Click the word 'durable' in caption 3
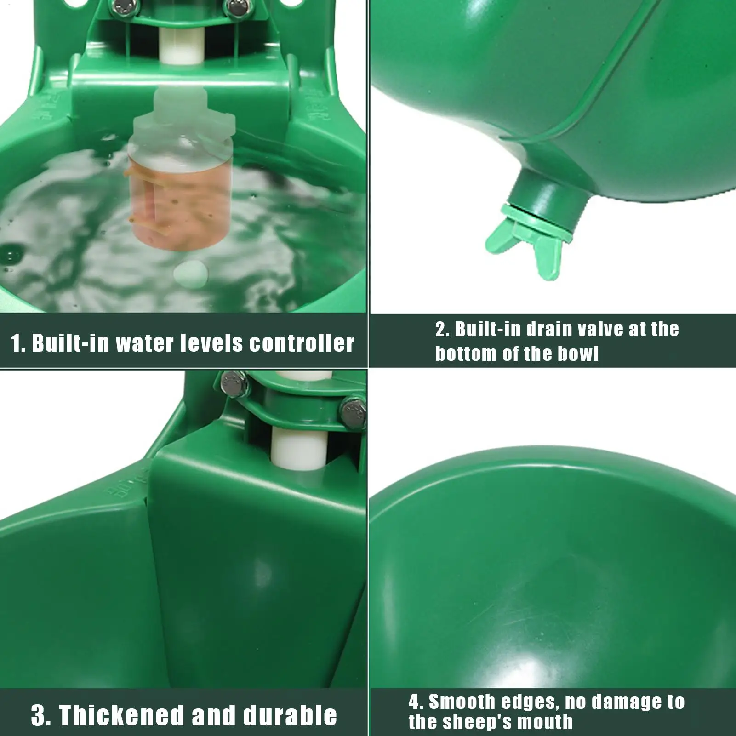click(290, 715)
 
